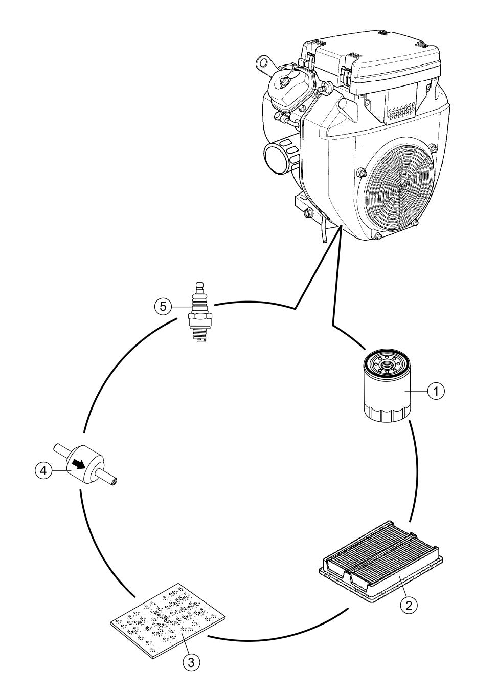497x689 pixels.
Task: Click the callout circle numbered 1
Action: click(x=436, y=391)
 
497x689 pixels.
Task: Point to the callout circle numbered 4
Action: click(x=43, y=470)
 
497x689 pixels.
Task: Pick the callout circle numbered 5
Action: click(x=163, y=306)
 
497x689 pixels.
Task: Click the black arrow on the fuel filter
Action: click(x=79, y=464)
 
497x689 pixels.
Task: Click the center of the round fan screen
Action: click(x=400, y=187)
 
